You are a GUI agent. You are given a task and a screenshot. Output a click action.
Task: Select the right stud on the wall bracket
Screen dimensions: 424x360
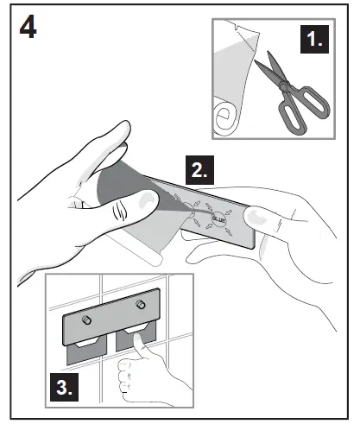click(x=139, y=307)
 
